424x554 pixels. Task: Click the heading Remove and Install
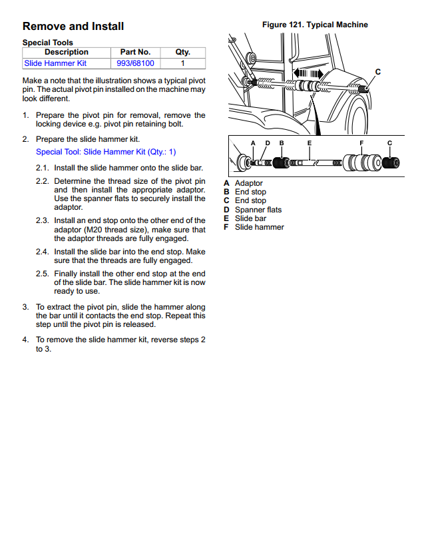[73, 27]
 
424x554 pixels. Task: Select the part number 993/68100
[135, 63]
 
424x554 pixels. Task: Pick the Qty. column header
[182, 52]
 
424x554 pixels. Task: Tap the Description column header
[66, 52]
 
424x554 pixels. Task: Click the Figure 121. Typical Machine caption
[315, 25]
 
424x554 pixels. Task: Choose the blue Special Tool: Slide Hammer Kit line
[106, 152]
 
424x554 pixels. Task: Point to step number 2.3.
[43, 220]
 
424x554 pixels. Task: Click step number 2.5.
[43, 274]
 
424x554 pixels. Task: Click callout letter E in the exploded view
[310, 143]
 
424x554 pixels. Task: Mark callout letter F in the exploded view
[361, 143]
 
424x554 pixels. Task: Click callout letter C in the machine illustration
[378, 71]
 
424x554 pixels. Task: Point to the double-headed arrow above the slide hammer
[308, 73]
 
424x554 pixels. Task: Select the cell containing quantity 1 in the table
[182, 63]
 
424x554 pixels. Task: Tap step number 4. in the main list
[25, 340]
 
